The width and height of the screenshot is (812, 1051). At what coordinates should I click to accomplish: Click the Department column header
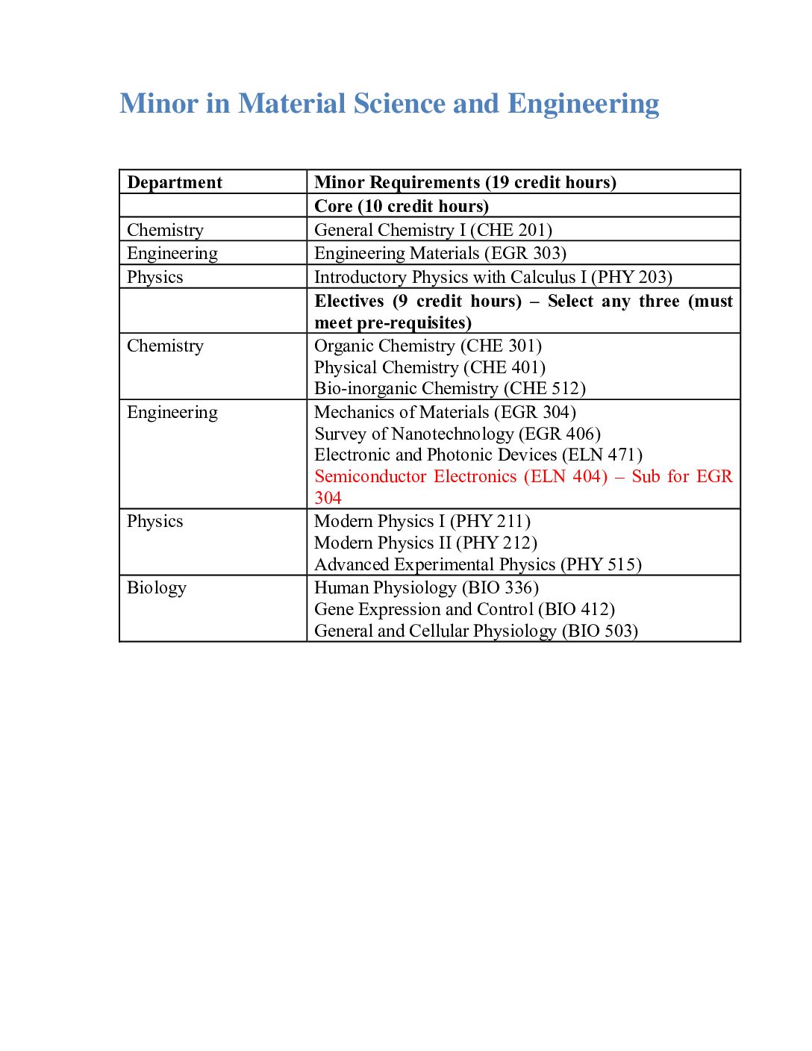175,183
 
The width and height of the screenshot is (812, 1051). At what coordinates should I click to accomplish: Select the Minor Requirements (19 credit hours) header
465,183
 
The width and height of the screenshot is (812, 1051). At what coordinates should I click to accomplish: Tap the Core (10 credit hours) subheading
402,206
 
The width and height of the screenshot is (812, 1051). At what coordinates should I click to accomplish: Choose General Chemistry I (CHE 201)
433,230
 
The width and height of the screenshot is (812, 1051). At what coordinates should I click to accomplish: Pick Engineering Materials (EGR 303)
440,254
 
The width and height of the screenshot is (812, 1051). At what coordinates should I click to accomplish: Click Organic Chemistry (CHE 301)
428,346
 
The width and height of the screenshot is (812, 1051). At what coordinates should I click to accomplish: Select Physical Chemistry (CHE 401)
430,368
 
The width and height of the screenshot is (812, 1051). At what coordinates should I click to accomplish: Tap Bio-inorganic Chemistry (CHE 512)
450,389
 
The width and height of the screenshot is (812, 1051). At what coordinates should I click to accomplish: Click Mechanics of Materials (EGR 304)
445,413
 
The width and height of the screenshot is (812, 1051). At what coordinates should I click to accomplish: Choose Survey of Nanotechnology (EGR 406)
457,434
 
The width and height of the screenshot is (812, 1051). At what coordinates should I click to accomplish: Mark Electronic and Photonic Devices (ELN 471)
478,455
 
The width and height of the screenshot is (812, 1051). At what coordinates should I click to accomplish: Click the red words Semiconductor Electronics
416,477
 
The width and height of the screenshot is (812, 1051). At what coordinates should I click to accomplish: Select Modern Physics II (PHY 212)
425,543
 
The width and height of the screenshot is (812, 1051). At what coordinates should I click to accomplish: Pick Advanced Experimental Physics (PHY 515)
478,565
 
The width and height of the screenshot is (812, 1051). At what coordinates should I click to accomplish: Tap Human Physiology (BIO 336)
426,588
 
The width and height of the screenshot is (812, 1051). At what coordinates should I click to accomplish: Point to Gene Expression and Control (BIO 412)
464,610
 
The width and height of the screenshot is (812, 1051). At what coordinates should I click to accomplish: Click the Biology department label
157,588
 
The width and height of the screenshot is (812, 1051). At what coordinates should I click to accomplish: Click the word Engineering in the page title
584,104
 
